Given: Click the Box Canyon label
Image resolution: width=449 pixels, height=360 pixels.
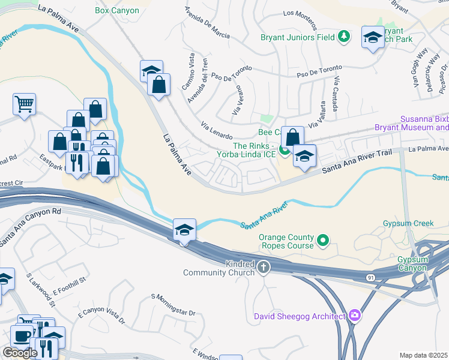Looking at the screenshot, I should [x=117, y=10].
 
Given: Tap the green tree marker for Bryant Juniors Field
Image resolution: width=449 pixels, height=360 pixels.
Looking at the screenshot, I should [x=344, y=37].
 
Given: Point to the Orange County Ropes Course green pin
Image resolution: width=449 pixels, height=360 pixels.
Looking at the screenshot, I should [x=323, y=241].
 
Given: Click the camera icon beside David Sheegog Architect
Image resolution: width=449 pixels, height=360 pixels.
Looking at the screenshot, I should [x=355, y=316].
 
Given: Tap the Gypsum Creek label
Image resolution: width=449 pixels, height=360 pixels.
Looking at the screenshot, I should [x=408, y=224].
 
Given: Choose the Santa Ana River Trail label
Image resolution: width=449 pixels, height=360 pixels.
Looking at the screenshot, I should [x=357, y=162].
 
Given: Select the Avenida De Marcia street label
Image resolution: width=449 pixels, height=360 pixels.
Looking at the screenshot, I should [x=207, y=23].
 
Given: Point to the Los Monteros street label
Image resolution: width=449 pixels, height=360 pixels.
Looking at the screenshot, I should [x=299, y=20].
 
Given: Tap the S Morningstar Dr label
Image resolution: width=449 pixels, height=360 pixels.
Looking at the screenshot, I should [x=173, y=305].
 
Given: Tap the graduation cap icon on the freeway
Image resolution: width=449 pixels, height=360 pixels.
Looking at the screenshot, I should [x=184, y=229].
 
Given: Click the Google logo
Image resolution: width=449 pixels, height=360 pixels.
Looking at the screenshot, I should [x=20, y=353].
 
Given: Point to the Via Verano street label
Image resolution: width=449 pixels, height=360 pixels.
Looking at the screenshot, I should [x=242, y=103].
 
